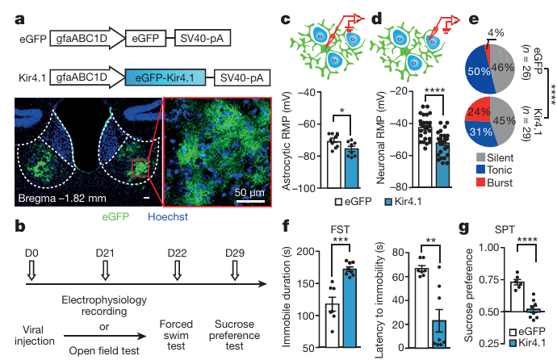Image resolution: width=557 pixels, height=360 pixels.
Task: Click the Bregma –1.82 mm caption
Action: click(62, 198)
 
